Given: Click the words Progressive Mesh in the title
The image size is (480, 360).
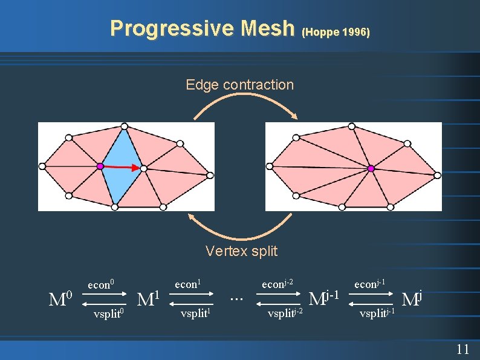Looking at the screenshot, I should pos(201,28).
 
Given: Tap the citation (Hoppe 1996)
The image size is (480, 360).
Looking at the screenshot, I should pos(335,31).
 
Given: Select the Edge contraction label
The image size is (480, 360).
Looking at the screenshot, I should pos(239,85).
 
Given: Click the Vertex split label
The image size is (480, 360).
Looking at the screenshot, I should pos(241,250).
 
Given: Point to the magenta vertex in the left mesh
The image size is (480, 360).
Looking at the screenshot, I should pos(100,165).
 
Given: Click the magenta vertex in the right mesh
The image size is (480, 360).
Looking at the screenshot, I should pos(371,168).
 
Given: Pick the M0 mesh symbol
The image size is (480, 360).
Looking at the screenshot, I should pos(61,298).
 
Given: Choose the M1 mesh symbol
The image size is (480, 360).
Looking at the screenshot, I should pos(148,298).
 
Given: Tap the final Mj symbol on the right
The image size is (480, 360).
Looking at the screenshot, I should pos(412,298).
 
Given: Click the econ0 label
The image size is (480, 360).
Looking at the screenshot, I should pos(101,284).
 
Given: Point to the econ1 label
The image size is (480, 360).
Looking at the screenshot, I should pos(187,283).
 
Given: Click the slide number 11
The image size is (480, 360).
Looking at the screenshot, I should pos(462,349).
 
